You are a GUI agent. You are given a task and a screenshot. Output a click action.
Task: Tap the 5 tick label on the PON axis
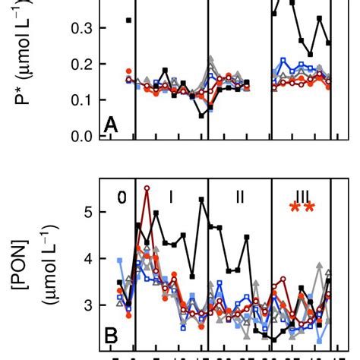pos(88,212)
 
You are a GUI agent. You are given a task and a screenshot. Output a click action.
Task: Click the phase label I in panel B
pos(171,197)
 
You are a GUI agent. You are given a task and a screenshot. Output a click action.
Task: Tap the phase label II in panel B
pos(239,197)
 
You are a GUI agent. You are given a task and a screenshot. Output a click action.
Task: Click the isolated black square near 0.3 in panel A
pos(128,20)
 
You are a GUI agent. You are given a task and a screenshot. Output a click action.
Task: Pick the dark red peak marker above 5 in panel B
pos(147,188)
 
